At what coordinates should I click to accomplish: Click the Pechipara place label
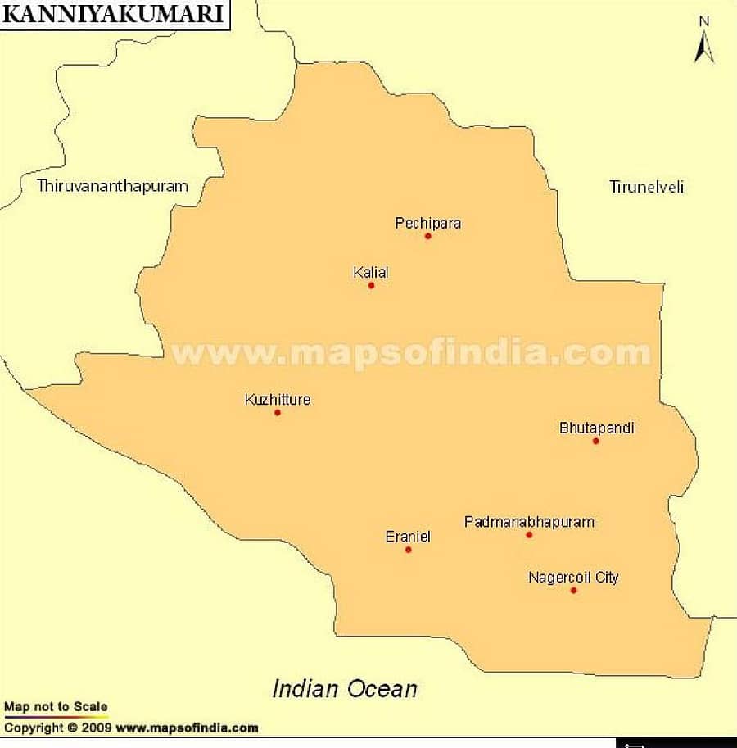tap(427, 223)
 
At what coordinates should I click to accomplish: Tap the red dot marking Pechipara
tap(427, 236)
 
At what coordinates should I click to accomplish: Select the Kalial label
tap(371, 272)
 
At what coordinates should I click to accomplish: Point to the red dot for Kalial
tap(371, 285)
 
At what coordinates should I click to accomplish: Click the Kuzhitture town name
tap(278, 400)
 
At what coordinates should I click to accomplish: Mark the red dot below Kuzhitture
tap(278, 412)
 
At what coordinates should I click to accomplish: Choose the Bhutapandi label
tap(596, 428)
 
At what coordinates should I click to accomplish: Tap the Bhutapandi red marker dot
tap(595, 441)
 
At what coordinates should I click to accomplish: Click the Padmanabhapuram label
tap(529, 522)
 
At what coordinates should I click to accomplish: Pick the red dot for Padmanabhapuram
tap(529, 535)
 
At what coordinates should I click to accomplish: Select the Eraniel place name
tap(408, 537)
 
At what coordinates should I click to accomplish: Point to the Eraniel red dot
tap(408, 549)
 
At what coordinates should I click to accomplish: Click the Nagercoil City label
tap(573, 578)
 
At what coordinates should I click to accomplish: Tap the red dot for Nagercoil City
tap(573, 590)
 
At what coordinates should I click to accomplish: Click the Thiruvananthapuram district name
tap(112, 186)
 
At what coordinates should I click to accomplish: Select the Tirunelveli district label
tap(646, 187)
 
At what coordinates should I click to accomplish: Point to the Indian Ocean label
tap(345, 689)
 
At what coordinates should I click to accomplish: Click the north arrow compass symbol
tap(703, 41)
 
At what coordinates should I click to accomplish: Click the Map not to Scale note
tap(56, 706)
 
